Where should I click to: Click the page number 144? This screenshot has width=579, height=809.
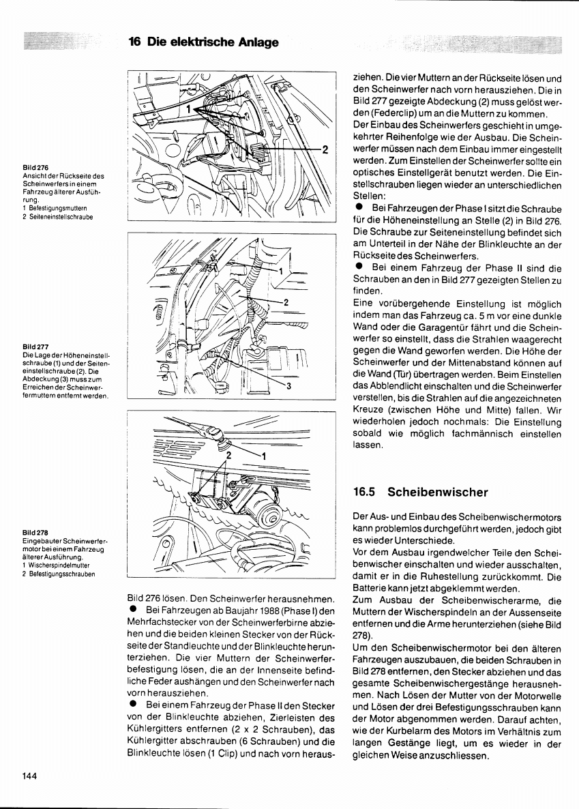(29, 775)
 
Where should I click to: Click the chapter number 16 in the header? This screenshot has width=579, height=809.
(134, 42)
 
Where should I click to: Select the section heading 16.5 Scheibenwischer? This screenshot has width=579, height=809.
(421, 491)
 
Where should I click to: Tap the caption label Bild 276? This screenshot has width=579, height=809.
(35, 167)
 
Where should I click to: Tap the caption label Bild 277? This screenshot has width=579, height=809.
(35, 347)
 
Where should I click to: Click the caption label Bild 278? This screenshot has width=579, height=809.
(35, 532)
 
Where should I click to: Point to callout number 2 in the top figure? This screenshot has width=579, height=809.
(325, 149)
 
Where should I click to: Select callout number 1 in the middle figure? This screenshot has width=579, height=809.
(280, 271)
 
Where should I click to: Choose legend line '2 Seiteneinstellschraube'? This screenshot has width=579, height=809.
(58, 217)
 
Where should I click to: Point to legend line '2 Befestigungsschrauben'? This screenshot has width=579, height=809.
(60, 574)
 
